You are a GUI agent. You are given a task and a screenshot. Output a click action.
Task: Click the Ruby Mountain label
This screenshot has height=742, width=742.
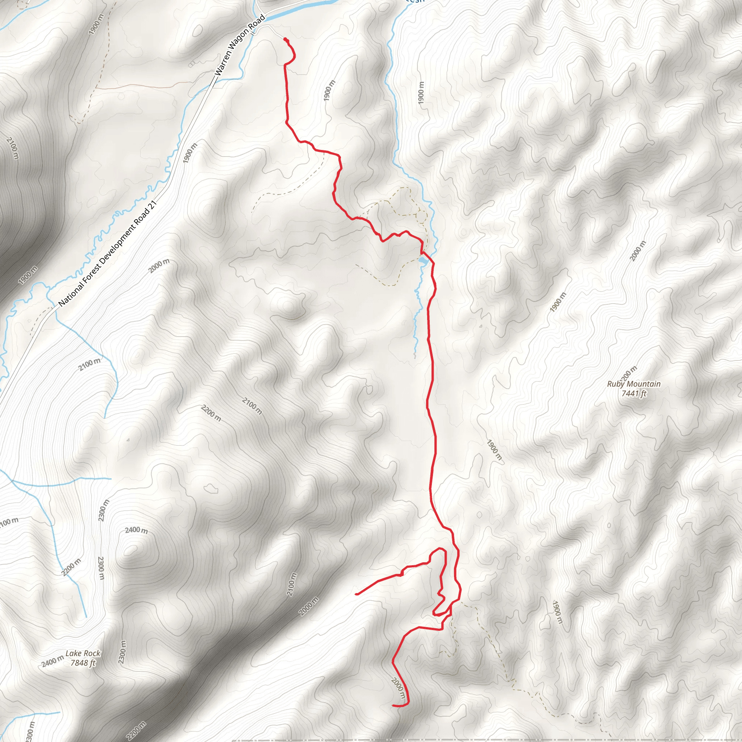pyautogui.click(x=634, y=384)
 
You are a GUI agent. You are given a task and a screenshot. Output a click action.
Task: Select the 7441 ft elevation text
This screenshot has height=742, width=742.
pyautogui.click(x=634, y=393)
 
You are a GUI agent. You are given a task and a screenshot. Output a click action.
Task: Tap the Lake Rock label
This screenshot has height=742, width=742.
pyautogui.click(x=83, y=653)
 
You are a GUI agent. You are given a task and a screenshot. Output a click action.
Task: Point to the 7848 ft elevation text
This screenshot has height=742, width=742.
pyautogui.click(x=83, y=663)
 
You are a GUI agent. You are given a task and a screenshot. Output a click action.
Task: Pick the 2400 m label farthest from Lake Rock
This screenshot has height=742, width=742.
pyautogui.click(x=136, y=530)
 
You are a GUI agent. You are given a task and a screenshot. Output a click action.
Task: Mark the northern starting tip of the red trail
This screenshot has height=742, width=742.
pyautogui.click(x=284, y=39)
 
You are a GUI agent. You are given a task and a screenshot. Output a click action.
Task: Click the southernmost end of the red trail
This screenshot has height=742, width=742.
pyautogui.click(x=392, y=705)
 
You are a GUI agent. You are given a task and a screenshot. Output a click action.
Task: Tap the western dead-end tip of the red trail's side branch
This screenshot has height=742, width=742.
pyautogui.click(x=356, y=594)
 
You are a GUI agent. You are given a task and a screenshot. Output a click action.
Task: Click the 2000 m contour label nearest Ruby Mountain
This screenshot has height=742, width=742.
pyautogui.click(x=638, y=251)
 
